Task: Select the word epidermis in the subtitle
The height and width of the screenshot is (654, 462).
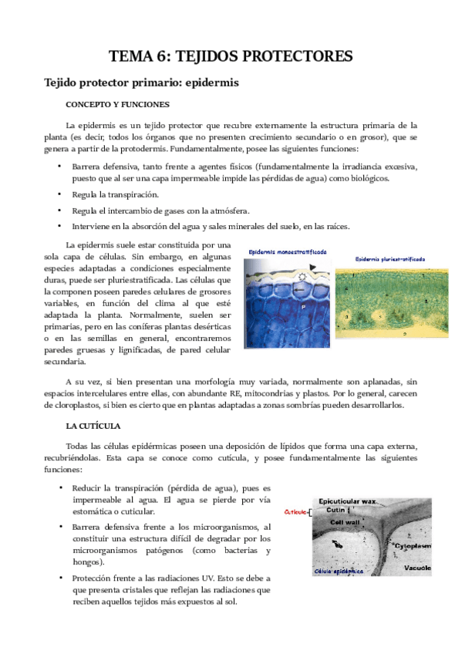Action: [212, 81]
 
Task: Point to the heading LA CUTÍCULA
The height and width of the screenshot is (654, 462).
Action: [93, 425]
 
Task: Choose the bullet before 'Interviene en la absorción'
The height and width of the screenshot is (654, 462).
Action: [59, 226]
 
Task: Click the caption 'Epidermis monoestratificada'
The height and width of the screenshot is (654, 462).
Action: [288, 251]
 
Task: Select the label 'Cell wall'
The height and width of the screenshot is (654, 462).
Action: [347, 521]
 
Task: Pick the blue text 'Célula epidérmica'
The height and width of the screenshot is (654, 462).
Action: [339, 572]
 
